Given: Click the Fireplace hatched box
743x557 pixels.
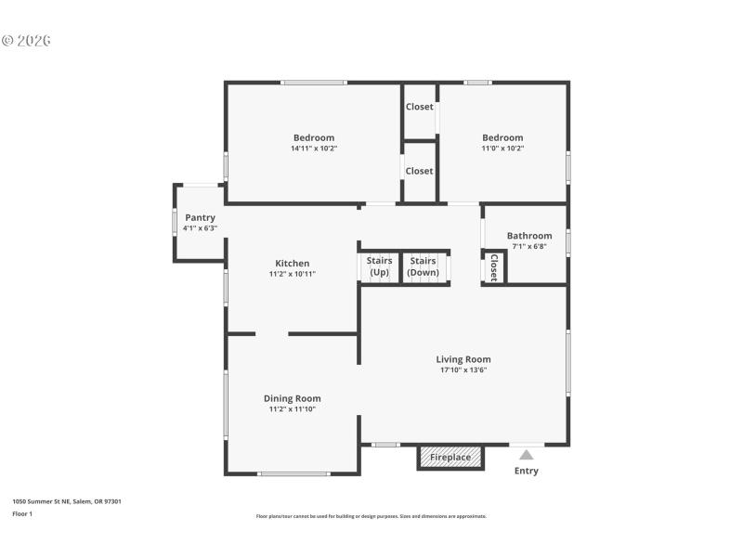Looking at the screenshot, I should tap(450, 457).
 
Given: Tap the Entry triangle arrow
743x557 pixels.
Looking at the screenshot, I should tap(527, 454).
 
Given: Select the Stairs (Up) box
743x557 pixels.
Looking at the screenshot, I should tap(379, 266).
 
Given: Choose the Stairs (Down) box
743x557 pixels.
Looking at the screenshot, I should tap(424, 266).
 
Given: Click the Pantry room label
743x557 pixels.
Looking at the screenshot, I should tap(200, 217).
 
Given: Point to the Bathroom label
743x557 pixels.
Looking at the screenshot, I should tap(529, 236).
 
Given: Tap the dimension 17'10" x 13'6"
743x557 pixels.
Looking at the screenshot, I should tap(463, 370).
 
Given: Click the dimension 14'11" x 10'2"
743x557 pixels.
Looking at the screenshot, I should tap(314, 149).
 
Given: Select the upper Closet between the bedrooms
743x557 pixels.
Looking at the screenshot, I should tap(419, 107).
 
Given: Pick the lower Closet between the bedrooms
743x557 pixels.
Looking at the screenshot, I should tap(419, 171).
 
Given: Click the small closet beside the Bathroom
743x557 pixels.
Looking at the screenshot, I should tap(493, 267).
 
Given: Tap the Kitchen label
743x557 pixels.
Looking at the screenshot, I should tap(293, 264).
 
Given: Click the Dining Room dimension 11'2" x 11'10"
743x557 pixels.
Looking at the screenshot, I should tap(293, 409).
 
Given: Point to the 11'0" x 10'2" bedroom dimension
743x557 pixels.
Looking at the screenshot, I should tap(502, 149).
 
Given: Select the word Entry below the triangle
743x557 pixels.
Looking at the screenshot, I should tap(527, 471).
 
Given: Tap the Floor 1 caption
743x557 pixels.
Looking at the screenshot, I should tap(22, 513).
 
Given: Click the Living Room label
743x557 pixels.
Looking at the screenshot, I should tap(463, 359).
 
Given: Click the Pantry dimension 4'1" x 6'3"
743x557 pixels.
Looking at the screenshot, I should tap(200, 227).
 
